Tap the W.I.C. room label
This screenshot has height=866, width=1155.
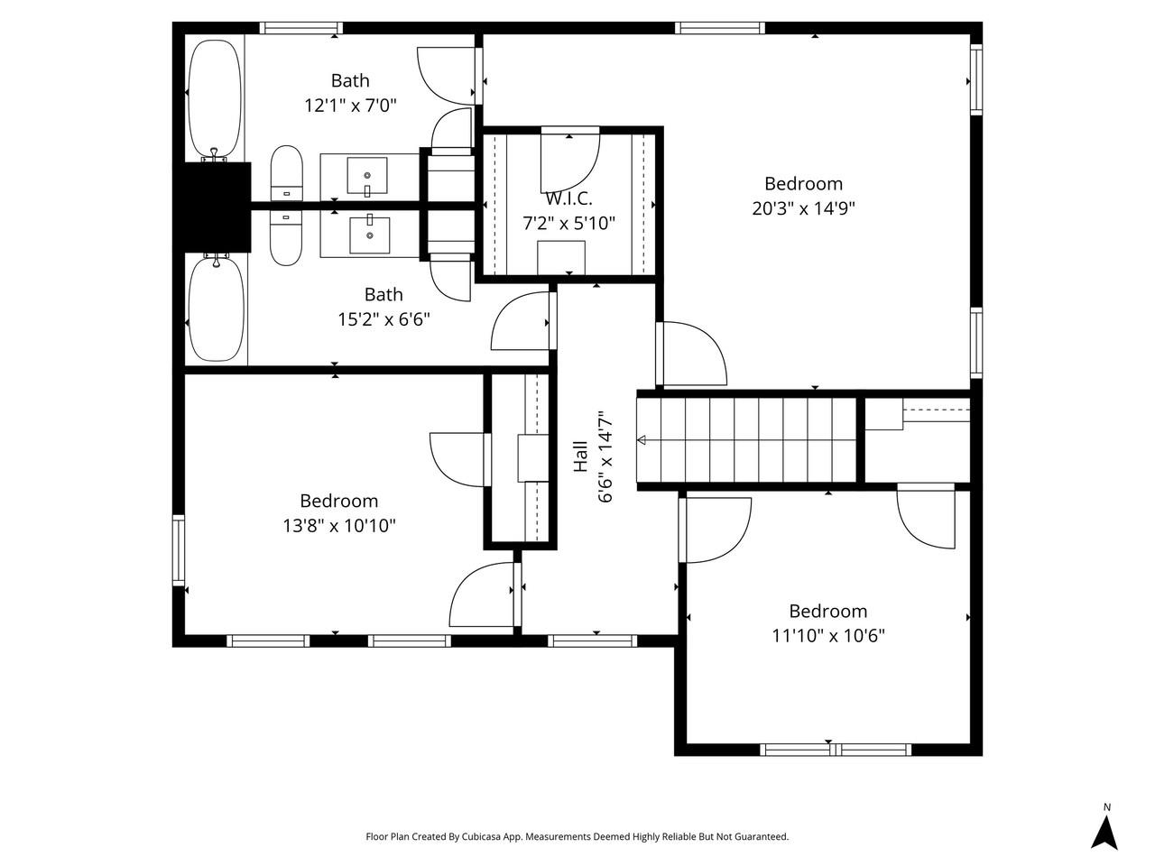coord(568,198)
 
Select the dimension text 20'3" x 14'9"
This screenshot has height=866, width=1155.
coord(803,208)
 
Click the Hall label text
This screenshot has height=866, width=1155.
coord(580,456)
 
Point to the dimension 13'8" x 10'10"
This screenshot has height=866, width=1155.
coord(339,525)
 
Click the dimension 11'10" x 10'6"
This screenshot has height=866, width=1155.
coord(827,636)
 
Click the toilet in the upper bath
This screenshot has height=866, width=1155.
coord(286,173)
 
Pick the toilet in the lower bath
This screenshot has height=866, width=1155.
coord(286,237)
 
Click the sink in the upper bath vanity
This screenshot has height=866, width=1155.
coord(367,176)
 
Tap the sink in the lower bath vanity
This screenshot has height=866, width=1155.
coord(370,235)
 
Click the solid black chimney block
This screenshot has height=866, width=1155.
coord(216,207)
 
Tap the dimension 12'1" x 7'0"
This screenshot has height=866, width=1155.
coord(350,106)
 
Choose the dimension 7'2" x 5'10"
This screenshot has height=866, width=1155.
coord(568,224)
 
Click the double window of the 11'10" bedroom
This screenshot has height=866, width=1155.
coord(836,750)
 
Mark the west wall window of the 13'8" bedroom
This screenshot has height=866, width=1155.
coord(179,550)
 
